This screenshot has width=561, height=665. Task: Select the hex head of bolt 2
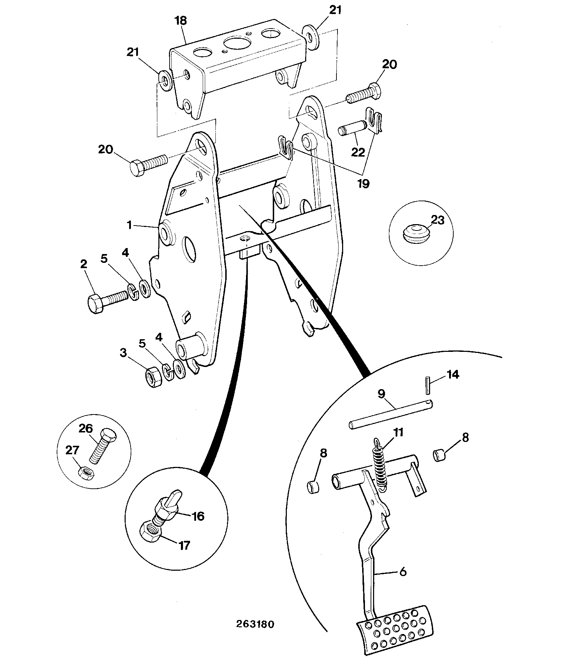coord(95,304)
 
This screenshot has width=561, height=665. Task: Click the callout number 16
coord(197,517)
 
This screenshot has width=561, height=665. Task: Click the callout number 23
coord(437,221)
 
